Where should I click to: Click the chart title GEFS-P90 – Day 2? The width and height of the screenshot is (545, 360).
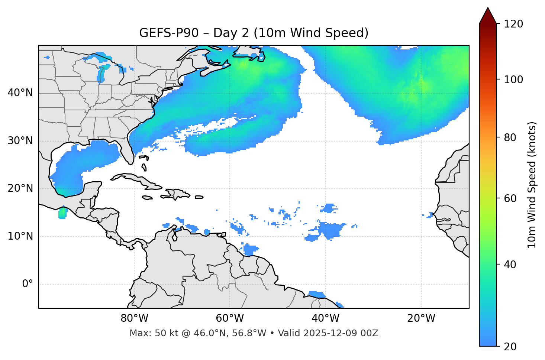[254, 33]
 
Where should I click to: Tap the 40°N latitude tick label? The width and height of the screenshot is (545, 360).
[20, 93]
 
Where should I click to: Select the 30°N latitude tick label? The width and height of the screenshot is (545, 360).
[20, 141]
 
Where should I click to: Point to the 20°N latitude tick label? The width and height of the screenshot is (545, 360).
[20, 188]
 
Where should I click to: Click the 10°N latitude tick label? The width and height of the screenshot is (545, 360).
[20, 236]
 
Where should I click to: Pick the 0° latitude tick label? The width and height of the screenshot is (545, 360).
[28, 284]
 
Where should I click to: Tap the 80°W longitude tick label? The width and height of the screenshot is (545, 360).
[134, 318]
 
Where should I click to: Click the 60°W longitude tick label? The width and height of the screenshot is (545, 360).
[230, 318]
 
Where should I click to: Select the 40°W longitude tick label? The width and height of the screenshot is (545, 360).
[325, 318]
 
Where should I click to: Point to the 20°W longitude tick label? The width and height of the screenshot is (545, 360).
[421, 318]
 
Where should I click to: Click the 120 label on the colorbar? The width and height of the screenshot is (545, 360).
[513, 24]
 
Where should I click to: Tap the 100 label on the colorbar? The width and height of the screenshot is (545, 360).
[513, 80]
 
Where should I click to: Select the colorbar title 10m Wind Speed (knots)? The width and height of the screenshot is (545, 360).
[532, 185]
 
